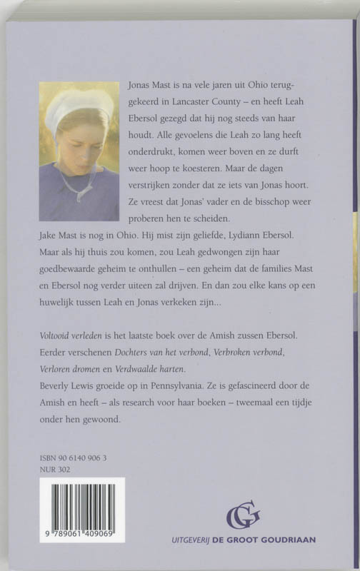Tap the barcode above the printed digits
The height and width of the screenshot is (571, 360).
(81, 505)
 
